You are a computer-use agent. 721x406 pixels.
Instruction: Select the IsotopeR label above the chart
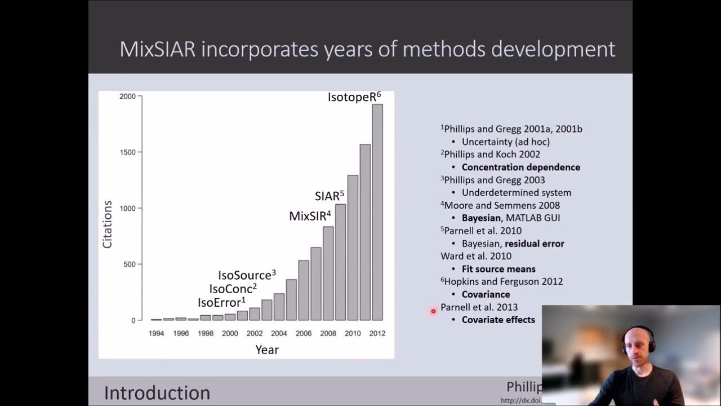pyautogui.click(x=354, y=97)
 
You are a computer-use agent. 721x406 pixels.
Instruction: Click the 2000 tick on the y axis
pyautogui.click(x=127, y=96)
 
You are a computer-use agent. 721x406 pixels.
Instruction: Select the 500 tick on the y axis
pyautogui.click(x=129, y=264)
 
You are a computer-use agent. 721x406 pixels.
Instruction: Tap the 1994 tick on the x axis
pyautogui.click(x=157, y=333)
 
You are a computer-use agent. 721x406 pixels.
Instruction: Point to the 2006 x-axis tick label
pyautogui.click(x=304, y=333)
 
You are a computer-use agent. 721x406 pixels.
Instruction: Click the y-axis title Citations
pyautogui.click(x=107, y=224)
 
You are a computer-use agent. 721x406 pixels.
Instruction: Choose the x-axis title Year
pyautogui.click(x=267, y=350)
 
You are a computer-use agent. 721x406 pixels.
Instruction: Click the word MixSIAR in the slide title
pyautogui.click(x=157, y=50)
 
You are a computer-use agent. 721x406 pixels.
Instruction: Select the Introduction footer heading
pyautogui.click(x=157, y=392)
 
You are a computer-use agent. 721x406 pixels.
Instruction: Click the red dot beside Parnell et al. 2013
pyautogui.click(x=433, y=311)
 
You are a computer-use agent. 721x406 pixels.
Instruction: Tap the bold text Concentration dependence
pyautogui.click(x=520, y=167)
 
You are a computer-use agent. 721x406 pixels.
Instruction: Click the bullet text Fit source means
pyautogui.click(x=498, y=269)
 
